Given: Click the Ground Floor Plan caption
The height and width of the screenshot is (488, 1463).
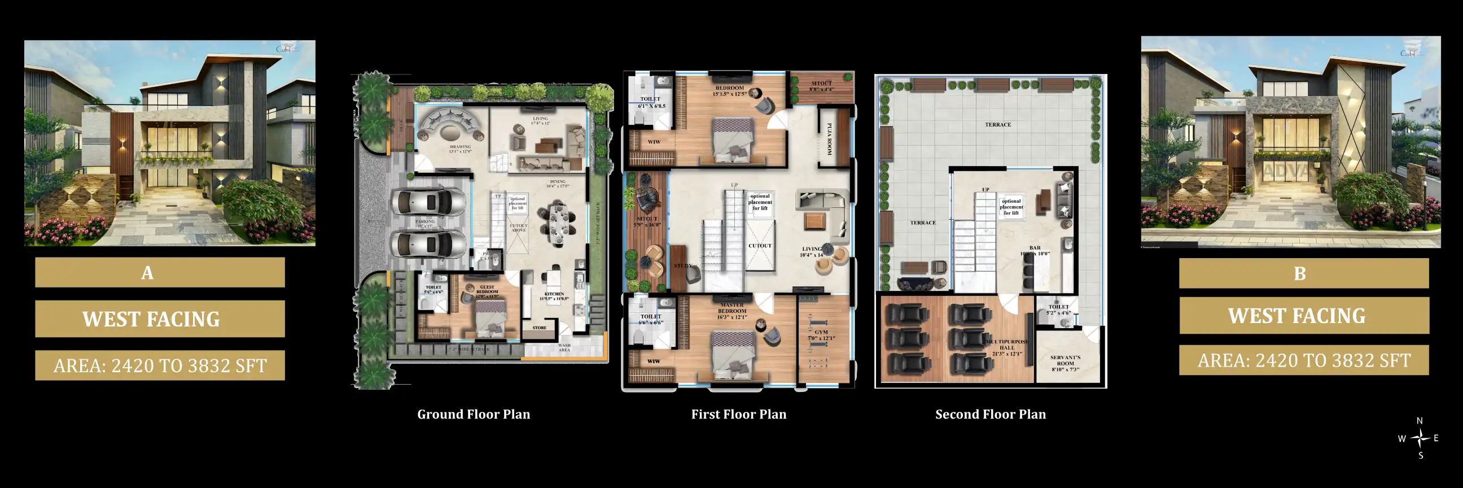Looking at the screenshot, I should (x=474, y=414).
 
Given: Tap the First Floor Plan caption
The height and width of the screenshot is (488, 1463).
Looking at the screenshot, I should (x=738, y=414).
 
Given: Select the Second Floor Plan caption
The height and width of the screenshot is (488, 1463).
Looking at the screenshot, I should (x=990, y=414).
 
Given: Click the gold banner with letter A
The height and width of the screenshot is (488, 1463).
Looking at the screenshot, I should (x=160, y=273).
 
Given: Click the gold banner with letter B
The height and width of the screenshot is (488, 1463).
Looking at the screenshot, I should (x=1303, y=274).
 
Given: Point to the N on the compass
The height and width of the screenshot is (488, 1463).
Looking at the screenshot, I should (x=1420, y=421).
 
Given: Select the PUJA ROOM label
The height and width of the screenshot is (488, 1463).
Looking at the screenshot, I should (x=829, y=139).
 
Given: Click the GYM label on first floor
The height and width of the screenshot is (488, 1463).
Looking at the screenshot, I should (x=821, y=332).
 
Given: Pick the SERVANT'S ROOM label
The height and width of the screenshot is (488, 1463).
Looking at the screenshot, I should (x=1065, y=361).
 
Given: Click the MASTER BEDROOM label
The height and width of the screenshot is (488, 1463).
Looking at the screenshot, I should (x=732, y=311).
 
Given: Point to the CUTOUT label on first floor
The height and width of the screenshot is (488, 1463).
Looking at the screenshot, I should (x=760, y=246).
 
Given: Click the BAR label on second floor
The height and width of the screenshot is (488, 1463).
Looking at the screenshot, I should (x=1035, y=249).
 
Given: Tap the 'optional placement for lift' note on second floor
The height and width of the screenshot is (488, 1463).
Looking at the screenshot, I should (x=1011, y=207).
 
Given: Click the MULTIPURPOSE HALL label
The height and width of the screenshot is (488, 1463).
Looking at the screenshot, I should (x=1007, y=347).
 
